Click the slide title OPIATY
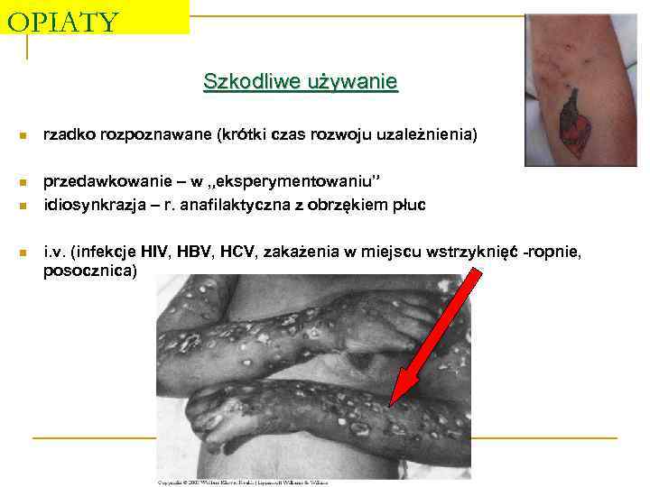[61, 21]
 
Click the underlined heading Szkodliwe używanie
[300, 83]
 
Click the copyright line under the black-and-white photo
[242, 482]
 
